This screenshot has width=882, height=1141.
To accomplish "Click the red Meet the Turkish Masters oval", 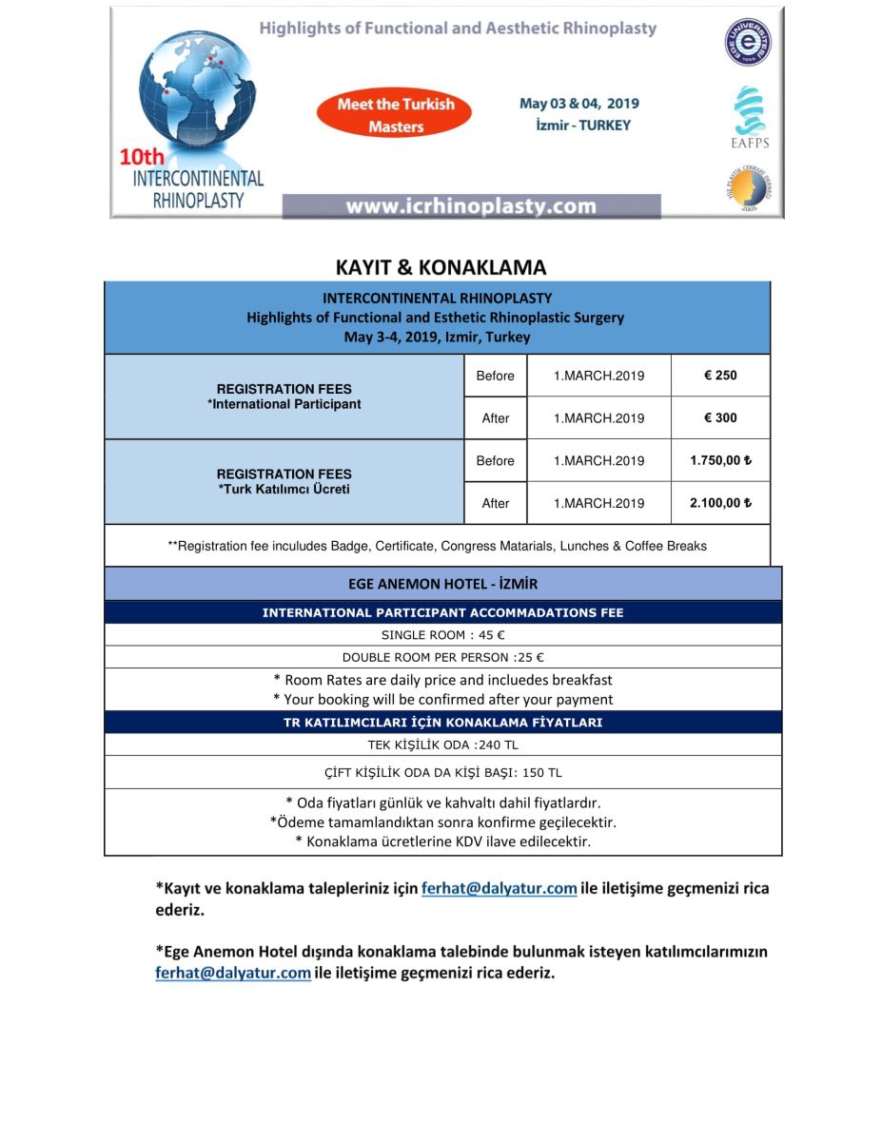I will pyautogui.click(x=396, y=114).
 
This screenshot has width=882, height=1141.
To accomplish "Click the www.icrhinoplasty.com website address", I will pyautogui.click(x=471, y=206).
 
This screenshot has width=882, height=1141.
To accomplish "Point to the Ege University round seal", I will pyautogui.click(x=749, y=43).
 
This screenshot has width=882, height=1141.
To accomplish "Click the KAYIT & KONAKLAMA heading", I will pyautogui.click(x=441, y=267).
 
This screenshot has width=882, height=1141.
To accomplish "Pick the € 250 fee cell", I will pyautogui.click(x=720, y=376).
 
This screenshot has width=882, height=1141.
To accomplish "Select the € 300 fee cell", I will pyautogui.click(x=720, y=418).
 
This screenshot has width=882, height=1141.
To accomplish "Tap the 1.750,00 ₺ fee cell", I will pyautogui.click(x=720, y=461).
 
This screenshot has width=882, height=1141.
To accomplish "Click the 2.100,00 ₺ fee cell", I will pyautogui.click(x=720, y=504).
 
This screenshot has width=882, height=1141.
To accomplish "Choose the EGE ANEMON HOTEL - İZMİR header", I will pyautogui.click(x=442, y=584).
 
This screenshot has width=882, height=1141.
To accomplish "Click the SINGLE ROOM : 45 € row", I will pyautogui.click(x=442, y=635).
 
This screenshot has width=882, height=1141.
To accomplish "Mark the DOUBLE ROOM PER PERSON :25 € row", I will pyautogui.click(x=442, y=657).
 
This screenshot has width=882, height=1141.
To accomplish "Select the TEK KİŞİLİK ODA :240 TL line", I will pyautogui.click(x=442, y=745).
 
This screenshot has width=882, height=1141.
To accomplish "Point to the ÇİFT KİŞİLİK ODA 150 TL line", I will pyautogui.click(x=442, y=773).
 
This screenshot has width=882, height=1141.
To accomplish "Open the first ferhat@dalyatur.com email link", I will pyautogui.click(x=499, y=889).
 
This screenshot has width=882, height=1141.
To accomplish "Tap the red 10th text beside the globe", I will pyautogui.click(x=142, y=158).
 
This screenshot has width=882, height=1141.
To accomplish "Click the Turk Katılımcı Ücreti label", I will pyautogui.click(x=284, y=490).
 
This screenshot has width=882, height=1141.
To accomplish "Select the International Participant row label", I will pyautogui.click(x=284, y=404).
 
